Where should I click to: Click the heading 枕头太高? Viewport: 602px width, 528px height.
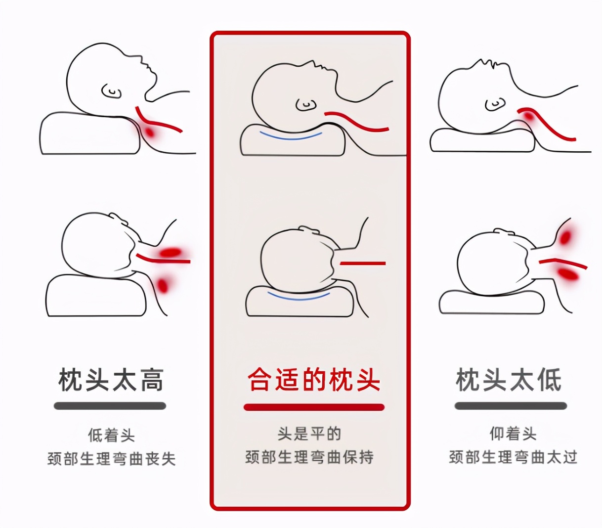[111, 380]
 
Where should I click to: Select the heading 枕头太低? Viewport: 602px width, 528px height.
[509, 380]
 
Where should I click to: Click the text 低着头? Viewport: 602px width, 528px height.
[111, 436]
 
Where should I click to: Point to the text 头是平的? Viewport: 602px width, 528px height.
[309, 434]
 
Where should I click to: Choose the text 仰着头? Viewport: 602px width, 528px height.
[513, 434]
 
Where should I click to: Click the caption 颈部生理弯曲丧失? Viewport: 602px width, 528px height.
[111, 459]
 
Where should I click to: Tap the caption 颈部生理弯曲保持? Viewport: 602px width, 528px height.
[309, 457]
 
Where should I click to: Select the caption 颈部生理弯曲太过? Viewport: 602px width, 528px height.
[513, 457]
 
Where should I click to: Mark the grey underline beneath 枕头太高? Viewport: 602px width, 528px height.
[110, 406]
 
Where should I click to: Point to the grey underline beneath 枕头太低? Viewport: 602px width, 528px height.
[510, 406]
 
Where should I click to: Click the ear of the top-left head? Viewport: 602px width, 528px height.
[112, 91]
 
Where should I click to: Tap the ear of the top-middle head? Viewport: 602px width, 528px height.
[306, 104]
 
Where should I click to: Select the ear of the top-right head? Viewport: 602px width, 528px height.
[495, 104]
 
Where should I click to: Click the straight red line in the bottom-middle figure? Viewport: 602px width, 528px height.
[362, 264]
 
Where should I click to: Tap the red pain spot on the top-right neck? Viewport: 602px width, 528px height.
[528, 117]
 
